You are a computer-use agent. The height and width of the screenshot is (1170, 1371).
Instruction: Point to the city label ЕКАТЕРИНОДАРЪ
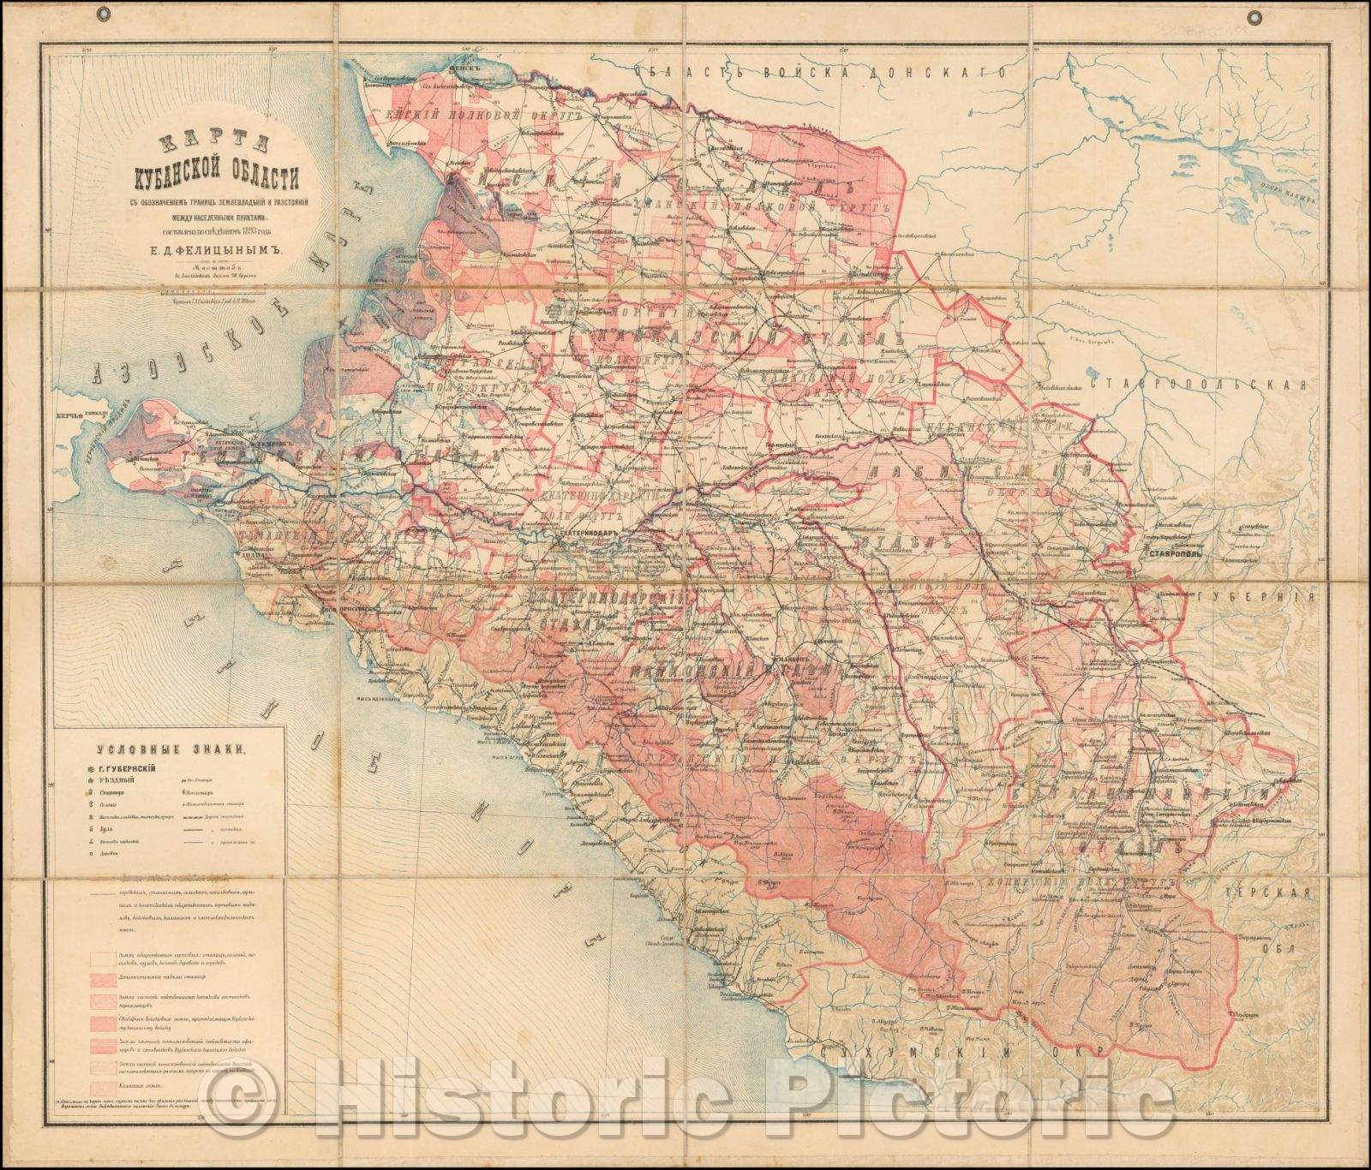coord(590,533)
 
